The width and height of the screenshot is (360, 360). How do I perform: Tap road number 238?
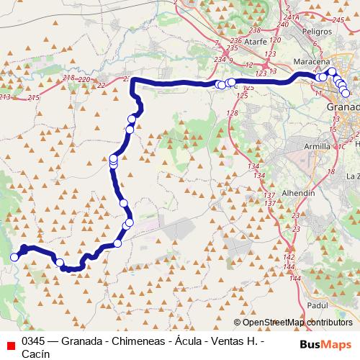tap(253, 30)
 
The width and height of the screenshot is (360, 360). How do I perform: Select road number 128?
tap(232, 113)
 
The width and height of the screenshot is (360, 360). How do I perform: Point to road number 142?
tap(289, 258)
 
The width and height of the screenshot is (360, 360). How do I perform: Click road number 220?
tap(84, 79)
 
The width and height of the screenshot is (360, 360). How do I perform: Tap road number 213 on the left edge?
tap(5, 96)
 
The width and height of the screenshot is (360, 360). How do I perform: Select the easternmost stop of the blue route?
tap(345, 93)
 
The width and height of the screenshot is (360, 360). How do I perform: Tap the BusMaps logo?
tap(325, 343)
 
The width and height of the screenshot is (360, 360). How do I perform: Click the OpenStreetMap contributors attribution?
tap(297, 323)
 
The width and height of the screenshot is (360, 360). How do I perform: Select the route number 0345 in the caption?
tap(34, 341)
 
